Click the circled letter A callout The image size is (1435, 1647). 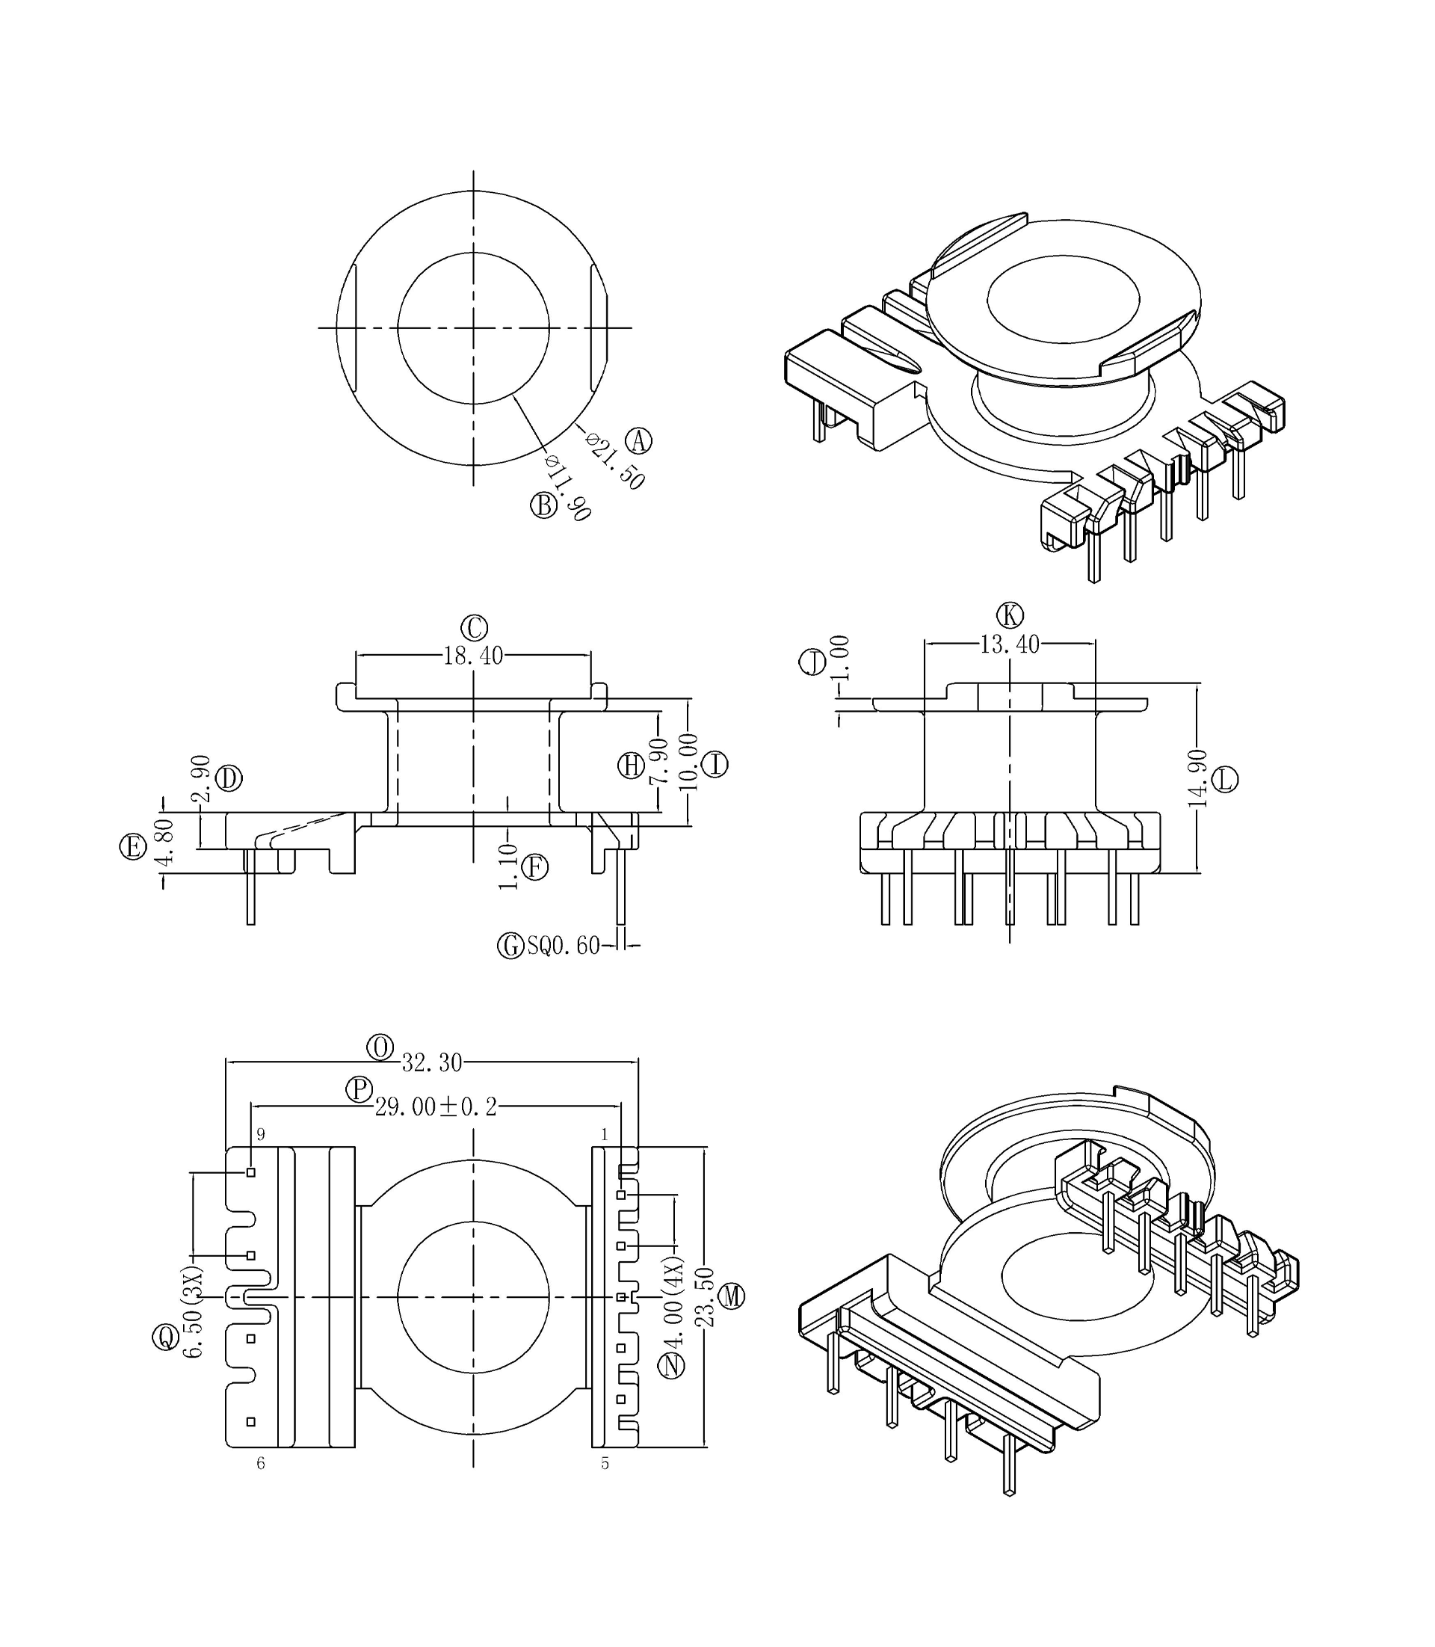pos(638,440)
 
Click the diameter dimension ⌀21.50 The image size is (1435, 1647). pos(615,461)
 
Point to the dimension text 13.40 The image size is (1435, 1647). pos(1009,644)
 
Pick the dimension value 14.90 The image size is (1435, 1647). pos(1197,778)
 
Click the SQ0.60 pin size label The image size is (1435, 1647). pos(563,946)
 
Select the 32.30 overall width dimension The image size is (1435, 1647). pos(432,1063)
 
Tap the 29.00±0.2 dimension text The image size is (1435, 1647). pos(436,1107)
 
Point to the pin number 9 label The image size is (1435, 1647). pos(260,1134)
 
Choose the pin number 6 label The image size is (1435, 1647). pos(260,1464)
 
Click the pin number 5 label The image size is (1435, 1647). pos(605,1464)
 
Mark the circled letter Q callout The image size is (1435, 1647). pos(165,1336)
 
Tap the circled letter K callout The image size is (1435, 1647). pos(1010,615)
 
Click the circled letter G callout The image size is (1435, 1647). pos(510,946)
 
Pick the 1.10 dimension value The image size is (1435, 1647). pos(507,866)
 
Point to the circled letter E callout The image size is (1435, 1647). pos(133,846)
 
